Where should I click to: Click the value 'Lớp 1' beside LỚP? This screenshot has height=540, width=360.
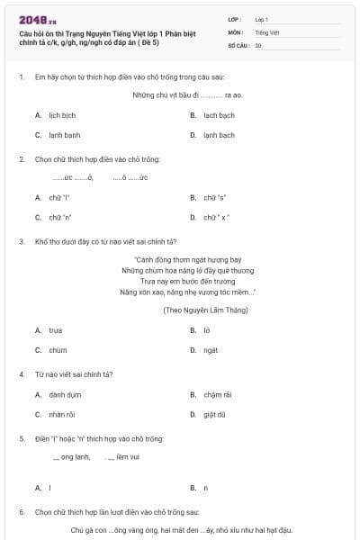(261, 19)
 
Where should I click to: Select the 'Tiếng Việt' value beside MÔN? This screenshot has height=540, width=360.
(265, 31)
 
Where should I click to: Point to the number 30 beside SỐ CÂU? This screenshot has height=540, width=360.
(258, 45)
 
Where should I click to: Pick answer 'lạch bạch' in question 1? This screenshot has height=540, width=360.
(218, 116)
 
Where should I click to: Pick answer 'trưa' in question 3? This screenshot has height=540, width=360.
(56, 330)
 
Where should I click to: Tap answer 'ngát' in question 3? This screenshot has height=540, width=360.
(211, 350)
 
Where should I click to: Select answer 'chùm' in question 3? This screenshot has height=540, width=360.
(58, 350)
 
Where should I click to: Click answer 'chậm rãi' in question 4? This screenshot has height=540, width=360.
(219, 394)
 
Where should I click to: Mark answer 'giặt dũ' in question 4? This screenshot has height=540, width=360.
(214, 414)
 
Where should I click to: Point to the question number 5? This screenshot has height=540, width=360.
(22, 438)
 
